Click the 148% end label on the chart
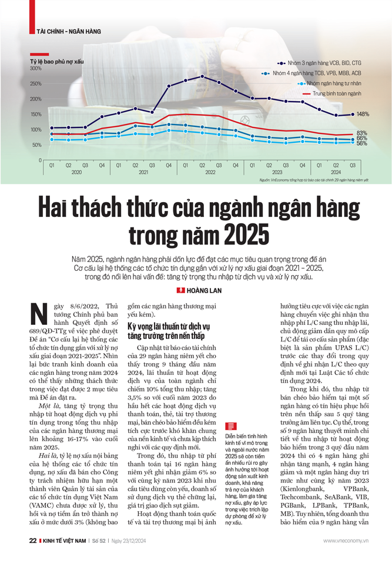[363, 114]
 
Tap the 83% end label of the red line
[362, 133]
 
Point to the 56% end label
[362, 143]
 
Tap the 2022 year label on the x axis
[210, 173]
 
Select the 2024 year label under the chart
[335, 173]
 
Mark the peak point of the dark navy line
[202, 76]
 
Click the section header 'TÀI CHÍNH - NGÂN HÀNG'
[68, 31]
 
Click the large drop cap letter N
[38, 315]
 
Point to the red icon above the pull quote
[230, 427]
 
